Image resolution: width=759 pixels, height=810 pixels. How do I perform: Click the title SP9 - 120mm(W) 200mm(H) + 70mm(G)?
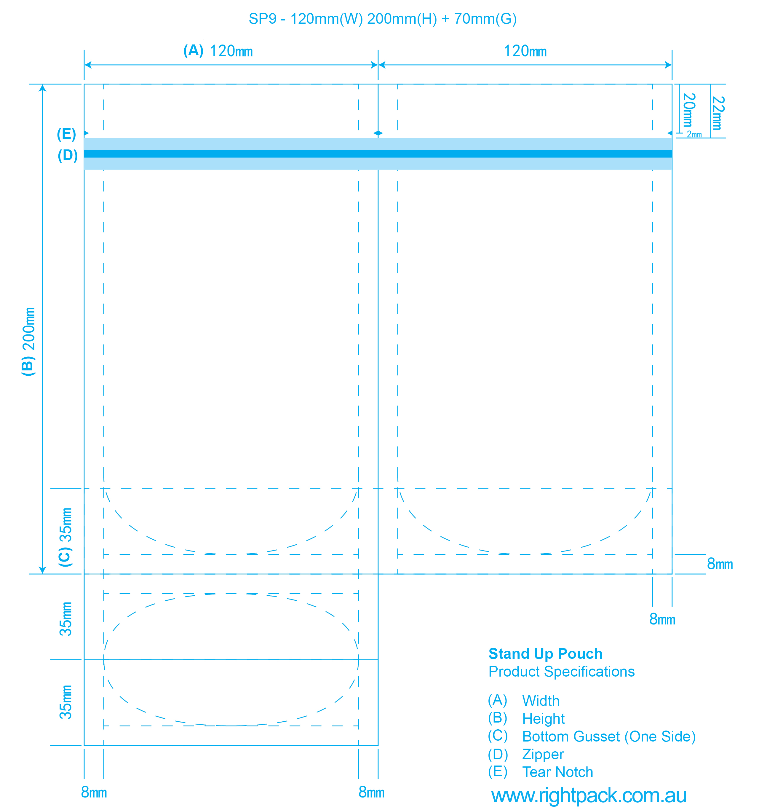tap(382, 19)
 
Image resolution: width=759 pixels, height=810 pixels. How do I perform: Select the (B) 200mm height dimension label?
tap(28, 342)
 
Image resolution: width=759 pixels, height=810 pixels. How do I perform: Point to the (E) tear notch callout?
tap(66, 134)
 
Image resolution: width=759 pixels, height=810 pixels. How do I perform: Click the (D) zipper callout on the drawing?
tap(68, 155)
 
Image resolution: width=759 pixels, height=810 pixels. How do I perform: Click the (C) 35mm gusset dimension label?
tap(65, 537)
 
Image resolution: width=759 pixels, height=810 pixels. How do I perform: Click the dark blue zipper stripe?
tap(378, 154)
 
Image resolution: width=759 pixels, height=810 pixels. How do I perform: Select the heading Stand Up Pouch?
tap(545, 653)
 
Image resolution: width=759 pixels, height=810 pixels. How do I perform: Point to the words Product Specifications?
tap(562, 672)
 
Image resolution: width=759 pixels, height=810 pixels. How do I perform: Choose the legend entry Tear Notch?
tap(557, 772)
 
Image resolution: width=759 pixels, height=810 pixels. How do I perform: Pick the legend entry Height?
tap(543, 719)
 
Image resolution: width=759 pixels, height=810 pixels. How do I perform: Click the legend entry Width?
tap(541, 701)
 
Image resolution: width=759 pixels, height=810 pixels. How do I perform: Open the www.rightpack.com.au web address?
tap(589, 795)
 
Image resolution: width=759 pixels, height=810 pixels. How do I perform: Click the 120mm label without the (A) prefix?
tap(525, 51)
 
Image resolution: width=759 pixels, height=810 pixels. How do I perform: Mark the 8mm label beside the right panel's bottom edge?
tap(720, 564)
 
